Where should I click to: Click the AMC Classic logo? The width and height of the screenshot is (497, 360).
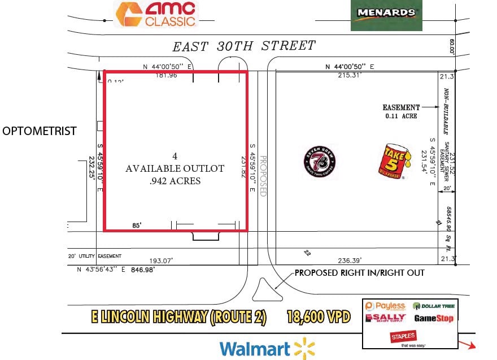(x=156, y=14)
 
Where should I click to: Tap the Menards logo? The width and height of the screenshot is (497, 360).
(x=386, y=14)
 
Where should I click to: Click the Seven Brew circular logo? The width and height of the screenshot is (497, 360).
(x=319, y=162)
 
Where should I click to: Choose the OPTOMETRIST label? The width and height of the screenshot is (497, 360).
(x=40, y=132)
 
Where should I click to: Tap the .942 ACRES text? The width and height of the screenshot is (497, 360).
(x=175, y=181)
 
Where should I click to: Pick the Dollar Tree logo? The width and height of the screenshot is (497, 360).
(x=433, y=306)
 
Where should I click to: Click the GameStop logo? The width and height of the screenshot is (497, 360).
(x=434, y=319)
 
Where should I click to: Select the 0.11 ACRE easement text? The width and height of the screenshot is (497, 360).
(x=401, y=116)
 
